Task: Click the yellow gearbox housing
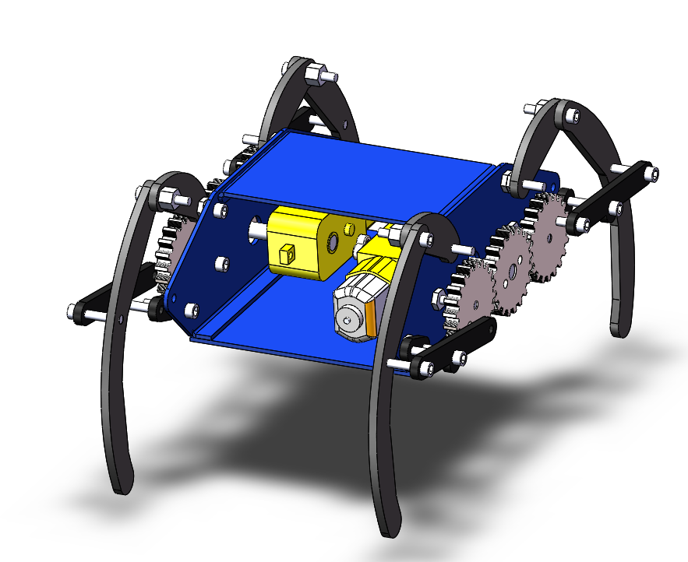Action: tap(300, 241)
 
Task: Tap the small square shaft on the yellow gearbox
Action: tap(286, 252)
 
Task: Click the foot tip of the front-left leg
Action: tap(121, 483)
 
